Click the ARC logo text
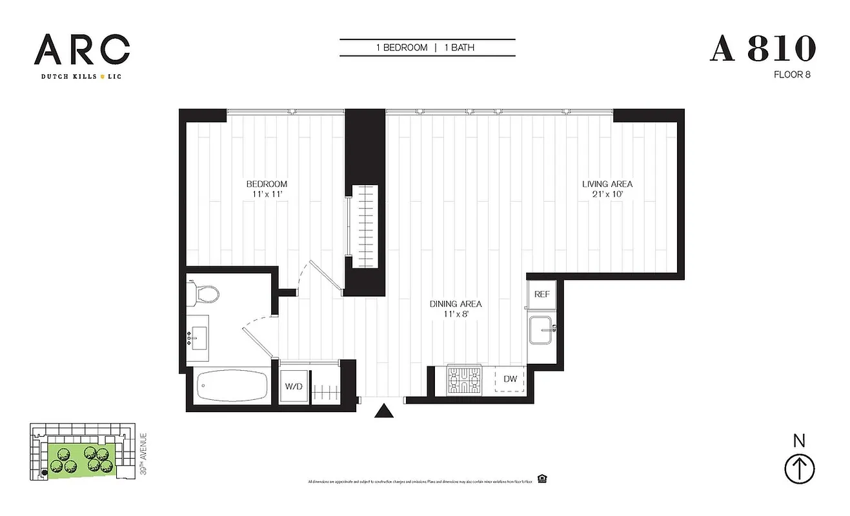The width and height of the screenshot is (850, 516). [x=82, y=50]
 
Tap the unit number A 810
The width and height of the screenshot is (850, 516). [x=763, y=50]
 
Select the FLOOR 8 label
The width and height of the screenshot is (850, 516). [x=791, y=75]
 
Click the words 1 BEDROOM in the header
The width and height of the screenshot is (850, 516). [x=402, y=48]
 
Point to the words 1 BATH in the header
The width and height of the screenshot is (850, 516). [x=460, y=48]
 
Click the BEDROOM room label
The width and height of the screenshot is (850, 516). [x=266, y=184]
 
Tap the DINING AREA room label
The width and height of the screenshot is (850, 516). [x=456, y=304]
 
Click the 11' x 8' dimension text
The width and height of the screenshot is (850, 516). [x=456, y=314]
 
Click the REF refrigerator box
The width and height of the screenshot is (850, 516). [x=541, y=294]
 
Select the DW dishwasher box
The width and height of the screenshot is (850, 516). [x=510, y=379]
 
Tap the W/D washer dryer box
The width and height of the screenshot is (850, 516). [x=294, y=387]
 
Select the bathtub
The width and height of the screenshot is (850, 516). [x=231, y=386]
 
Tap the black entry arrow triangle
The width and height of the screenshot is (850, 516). [x=384, y=411]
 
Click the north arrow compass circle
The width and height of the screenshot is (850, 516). [x=799, y=468]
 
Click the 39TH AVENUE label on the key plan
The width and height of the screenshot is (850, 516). [x=143, y=454]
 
